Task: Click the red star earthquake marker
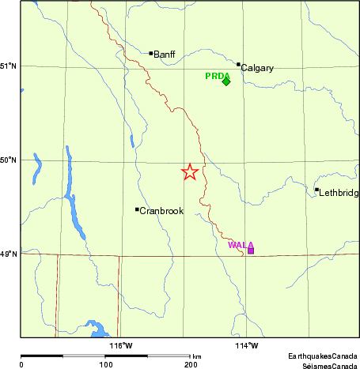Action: pos(190,171)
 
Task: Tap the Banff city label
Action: pos(165,55)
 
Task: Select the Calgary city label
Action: pos(257,68)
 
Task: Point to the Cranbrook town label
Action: pos(161,211)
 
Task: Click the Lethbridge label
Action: pos(338,193)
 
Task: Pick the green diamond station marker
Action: pos(226,81)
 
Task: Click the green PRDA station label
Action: pos(217,76)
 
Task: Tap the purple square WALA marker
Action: pos(251,250)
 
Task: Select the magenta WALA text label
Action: pos(241,245)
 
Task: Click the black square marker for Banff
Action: pos(151,54)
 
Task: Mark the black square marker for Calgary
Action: pos(238,65)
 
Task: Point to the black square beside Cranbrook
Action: pos(137,209)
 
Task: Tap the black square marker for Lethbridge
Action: pos(316,190)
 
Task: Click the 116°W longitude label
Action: pos(121,345)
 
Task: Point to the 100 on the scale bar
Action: pos(105,365)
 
